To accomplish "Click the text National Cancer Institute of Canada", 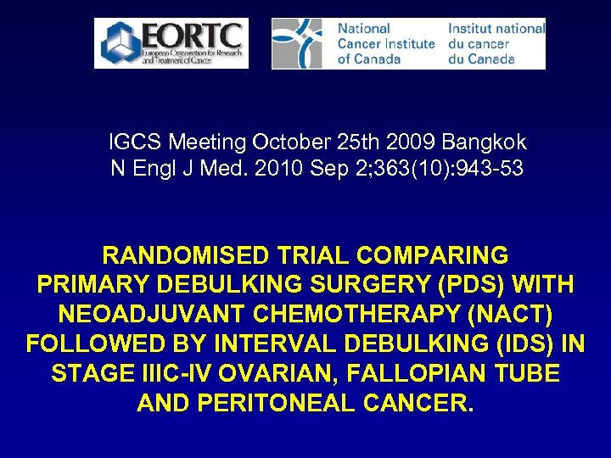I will [x=385, y=43].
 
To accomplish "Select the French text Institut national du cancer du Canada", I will [x=495, y=43].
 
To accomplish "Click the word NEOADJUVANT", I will [x=155, y=315].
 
